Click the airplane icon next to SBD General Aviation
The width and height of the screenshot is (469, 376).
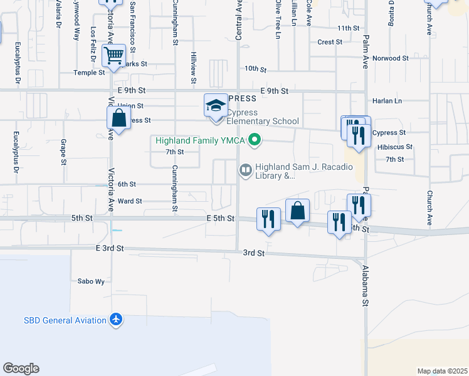(115, 320)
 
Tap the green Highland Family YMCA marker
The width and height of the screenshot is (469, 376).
(254, 140)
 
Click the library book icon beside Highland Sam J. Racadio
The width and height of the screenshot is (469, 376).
(246, 170)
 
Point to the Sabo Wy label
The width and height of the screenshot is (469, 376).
(91, 281)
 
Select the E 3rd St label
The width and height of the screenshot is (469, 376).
(110, 249)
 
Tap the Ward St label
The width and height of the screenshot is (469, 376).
(130, 201)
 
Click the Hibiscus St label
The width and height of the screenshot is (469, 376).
(395, 147)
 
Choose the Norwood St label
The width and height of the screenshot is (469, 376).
(391, 58)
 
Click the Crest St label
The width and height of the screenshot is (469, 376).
(330, 43)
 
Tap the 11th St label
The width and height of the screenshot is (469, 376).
(348, 28)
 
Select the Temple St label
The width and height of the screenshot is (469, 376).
(90, 73)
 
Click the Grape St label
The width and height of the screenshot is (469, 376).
(63, 153)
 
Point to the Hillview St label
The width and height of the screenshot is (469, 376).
(194, 64)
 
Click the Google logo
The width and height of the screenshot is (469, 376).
(21, 368)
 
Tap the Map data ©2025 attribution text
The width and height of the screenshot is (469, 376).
(442, 371)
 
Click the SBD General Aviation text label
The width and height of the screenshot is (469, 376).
(65, 320)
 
